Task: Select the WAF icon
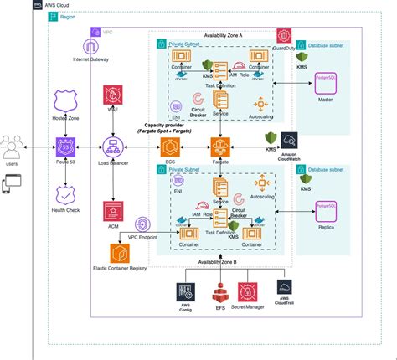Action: (x=112, y=95)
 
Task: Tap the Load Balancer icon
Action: (x=112, y=147)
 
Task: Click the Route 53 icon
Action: (x=65, y=148)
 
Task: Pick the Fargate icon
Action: (x=221, y=148)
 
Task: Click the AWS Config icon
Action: (x=185, y=292)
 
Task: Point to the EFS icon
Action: (x=221, y=295)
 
